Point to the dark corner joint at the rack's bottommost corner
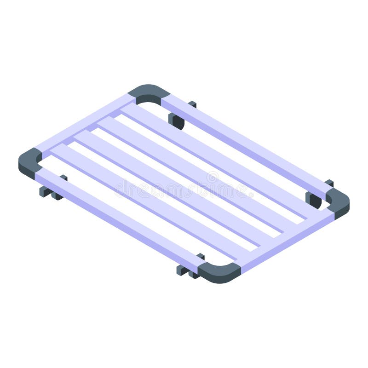[220, 272]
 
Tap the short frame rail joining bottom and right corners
[285, 241]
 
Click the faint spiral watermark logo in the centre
[213, 177]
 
